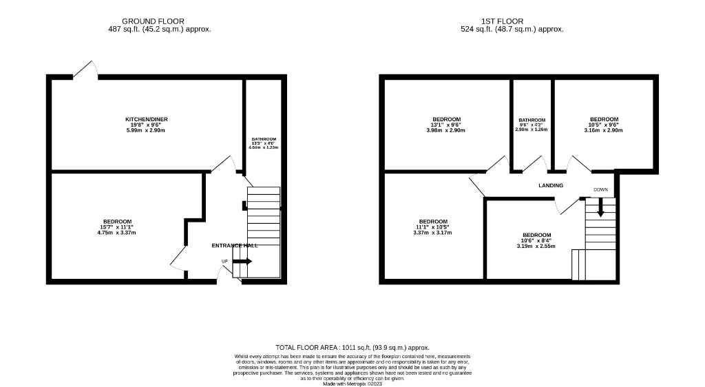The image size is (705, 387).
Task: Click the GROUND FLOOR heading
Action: point(153,21)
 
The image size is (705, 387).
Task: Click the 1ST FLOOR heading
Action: point(512,21)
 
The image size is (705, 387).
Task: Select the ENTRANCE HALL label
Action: point(234,246)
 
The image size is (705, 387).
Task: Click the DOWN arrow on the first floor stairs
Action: point(600,207)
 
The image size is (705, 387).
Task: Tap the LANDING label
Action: point(551,185)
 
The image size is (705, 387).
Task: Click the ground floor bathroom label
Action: point(263,140)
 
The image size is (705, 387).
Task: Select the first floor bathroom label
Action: point(532,120)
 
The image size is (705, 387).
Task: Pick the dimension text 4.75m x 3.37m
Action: point(117,232)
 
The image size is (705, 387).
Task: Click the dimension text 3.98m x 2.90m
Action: point(446,130)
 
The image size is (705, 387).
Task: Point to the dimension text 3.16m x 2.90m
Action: point(603,130)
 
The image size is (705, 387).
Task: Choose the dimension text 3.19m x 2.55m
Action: point(536,246)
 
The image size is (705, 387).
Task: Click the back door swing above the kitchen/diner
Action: point(85,69)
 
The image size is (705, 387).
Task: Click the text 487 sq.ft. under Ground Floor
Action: point(160,30)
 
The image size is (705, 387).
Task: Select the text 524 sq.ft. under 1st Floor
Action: point(512,30)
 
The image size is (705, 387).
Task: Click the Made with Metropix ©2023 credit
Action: point(352,384)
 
